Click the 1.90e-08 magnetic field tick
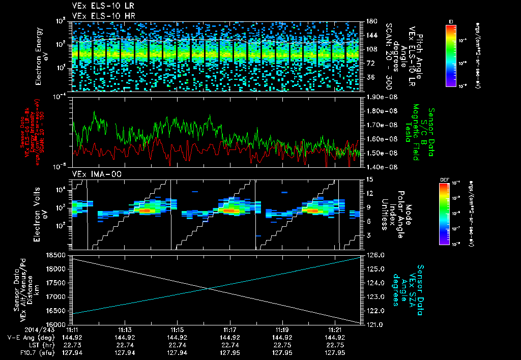379,97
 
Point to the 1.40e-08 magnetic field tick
379,166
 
